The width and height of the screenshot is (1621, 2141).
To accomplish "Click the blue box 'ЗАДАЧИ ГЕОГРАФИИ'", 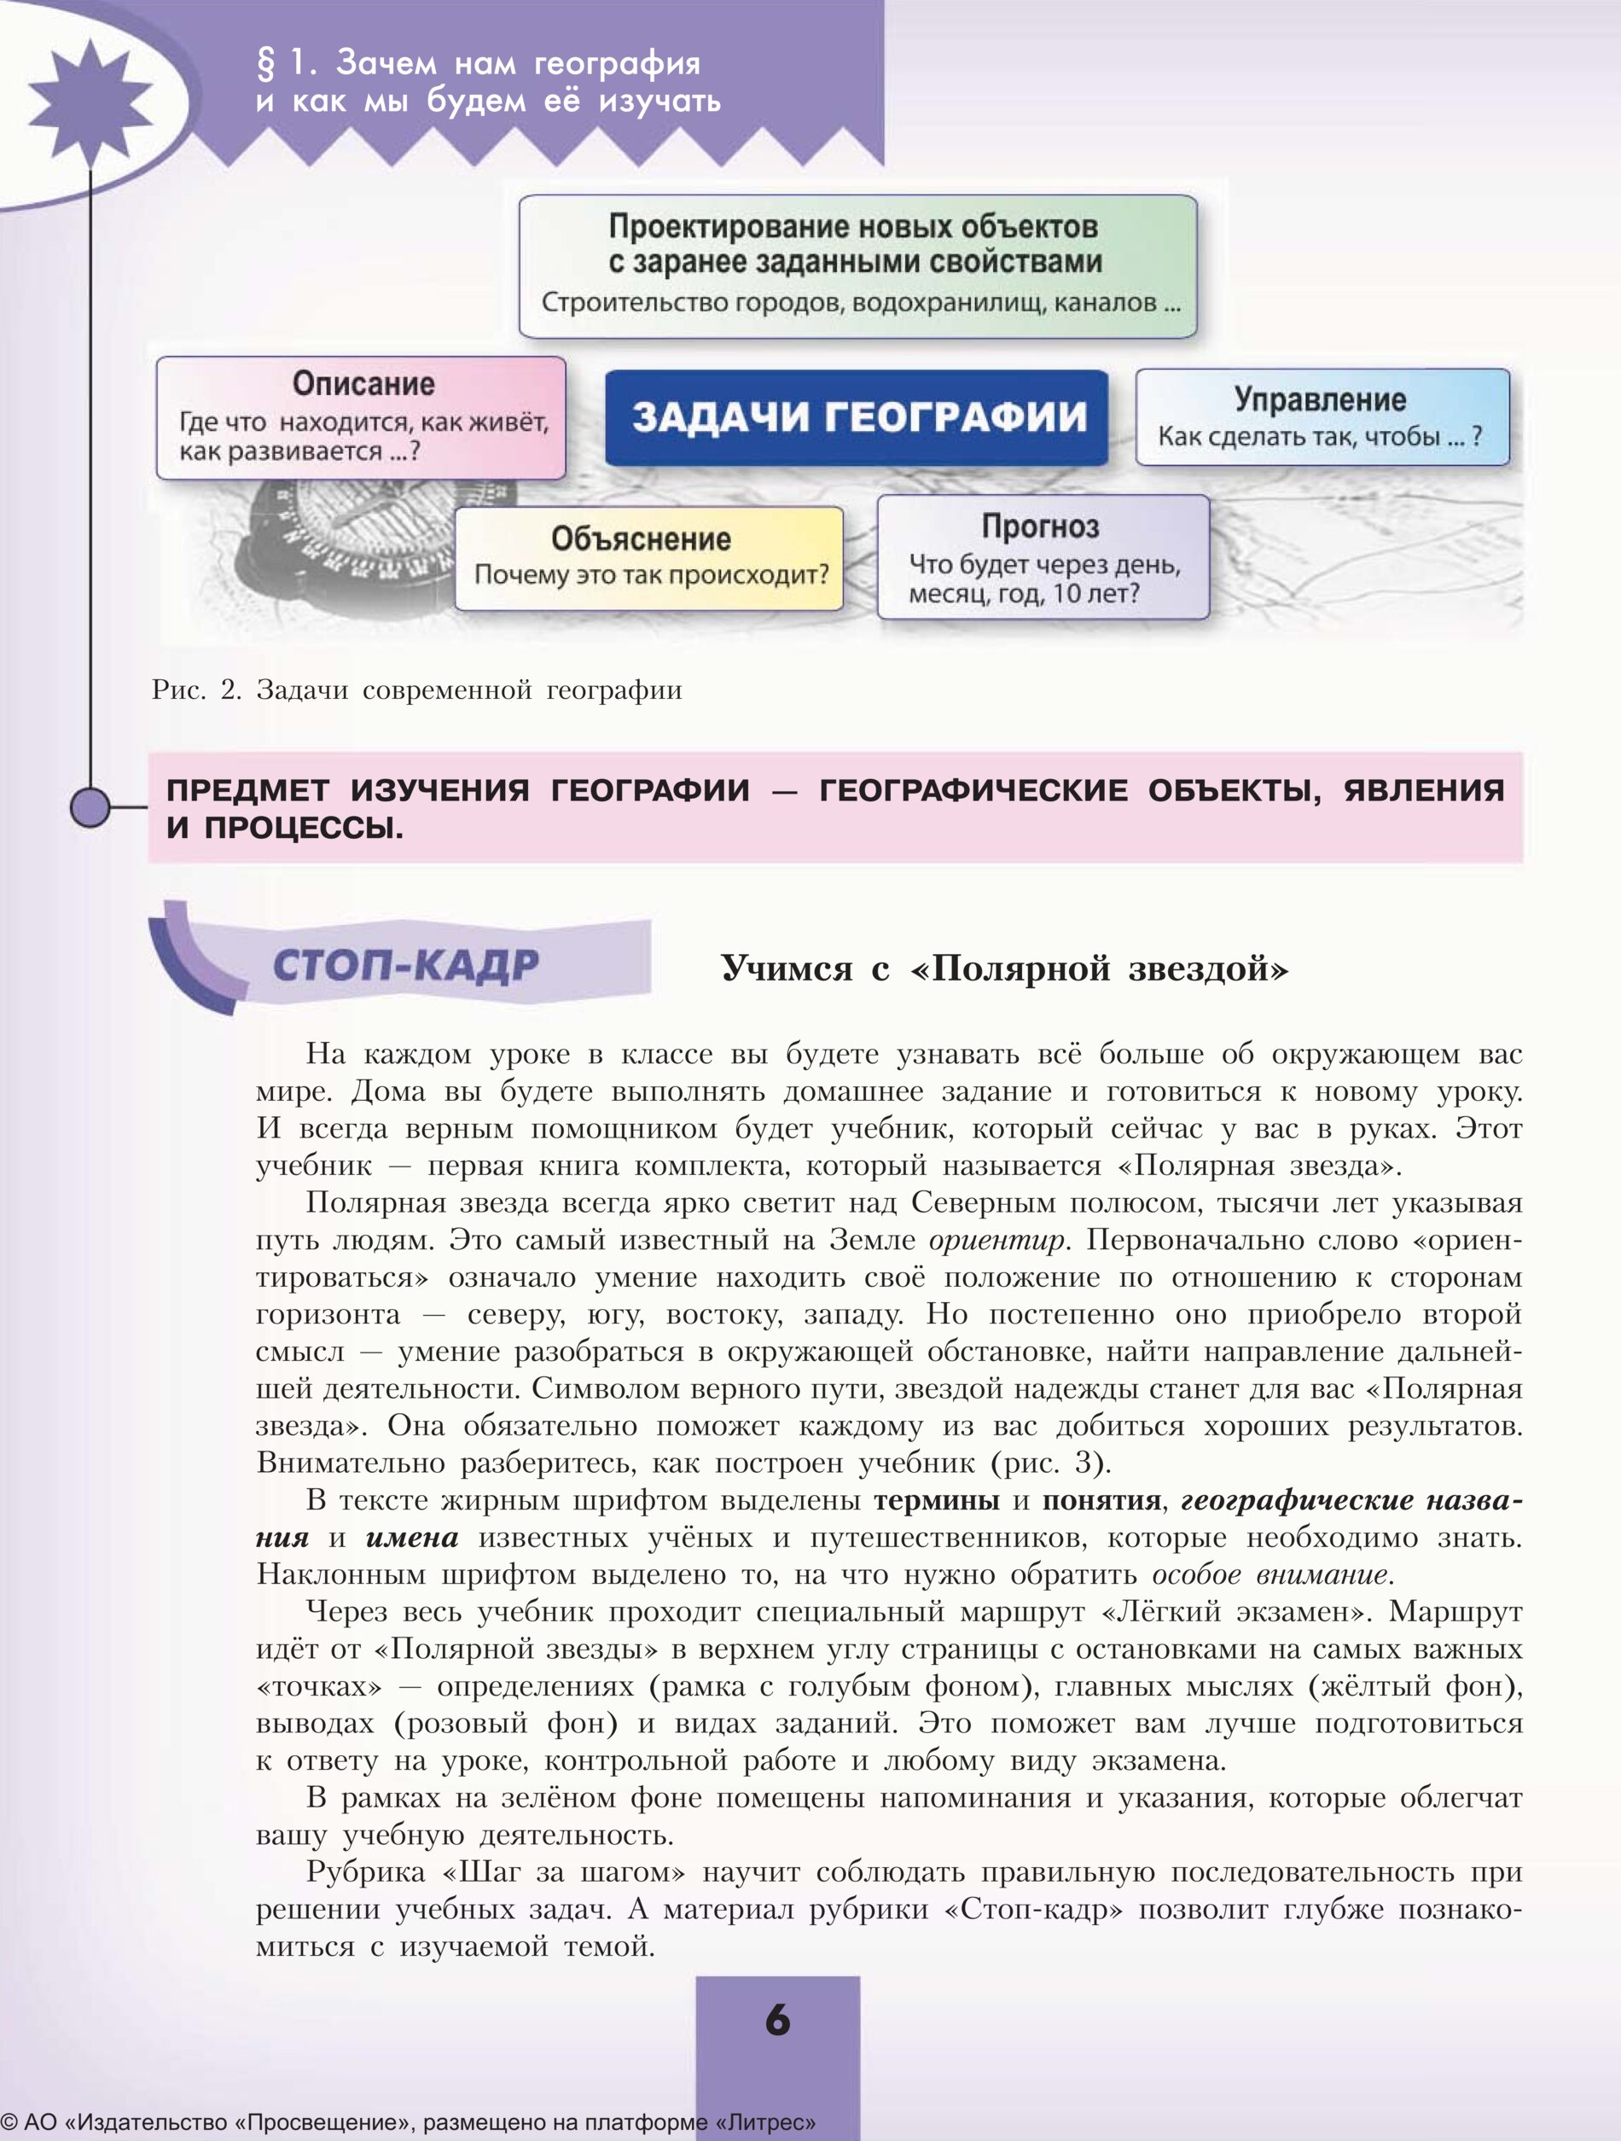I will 857,417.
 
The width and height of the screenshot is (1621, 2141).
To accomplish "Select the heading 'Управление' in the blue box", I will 1319,399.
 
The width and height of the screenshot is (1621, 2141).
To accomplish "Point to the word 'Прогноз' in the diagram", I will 1040,527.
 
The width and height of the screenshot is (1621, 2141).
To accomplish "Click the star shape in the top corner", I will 90,102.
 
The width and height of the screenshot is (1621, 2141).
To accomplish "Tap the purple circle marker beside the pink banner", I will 90,807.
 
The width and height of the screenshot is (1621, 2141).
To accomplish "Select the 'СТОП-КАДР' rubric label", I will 404,965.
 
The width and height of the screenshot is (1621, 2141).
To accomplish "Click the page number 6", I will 777,2020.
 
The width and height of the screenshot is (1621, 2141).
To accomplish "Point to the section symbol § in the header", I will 265,64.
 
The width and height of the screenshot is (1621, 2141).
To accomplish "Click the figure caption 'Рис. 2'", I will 195,690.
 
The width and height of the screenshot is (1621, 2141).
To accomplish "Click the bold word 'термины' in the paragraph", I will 936,1500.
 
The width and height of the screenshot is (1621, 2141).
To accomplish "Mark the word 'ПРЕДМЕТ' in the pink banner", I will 247,791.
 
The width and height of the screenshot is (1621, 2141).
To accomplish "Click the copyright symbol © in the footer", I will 9,2122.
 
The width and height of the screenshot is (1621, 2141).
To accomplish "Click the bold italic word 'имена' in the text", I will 411,1538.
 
